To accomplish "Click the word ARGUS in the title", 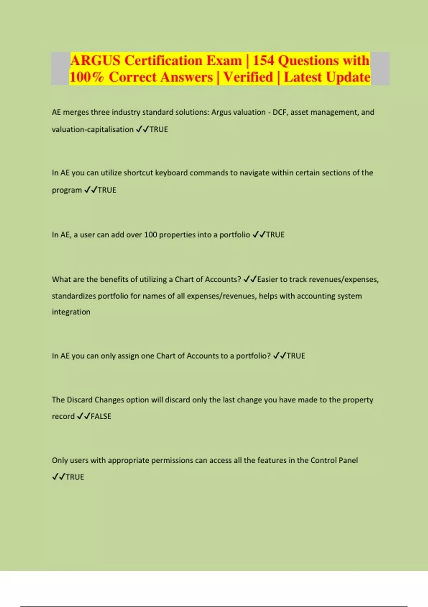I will (96, 61).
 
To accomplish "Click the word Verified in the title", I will (248, 77).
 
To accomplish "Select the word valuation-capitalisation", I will (92, 130).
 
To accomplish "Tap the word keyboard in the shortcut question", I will (171, 173).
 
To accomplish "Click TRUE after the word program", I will (107, 190).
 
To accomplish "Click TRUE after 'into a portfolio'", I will (275, 235).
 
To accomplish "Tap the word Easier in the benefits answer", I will (267, 280).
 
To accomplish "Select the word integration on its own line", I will (71, 312).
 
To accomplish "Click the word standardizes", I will (74, 296).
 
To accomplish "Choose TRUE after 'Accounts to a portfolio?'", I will (296, 356).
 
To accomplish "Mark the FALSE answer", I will (101, 416).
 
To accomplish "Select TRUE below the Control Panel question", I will (75, 477).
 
